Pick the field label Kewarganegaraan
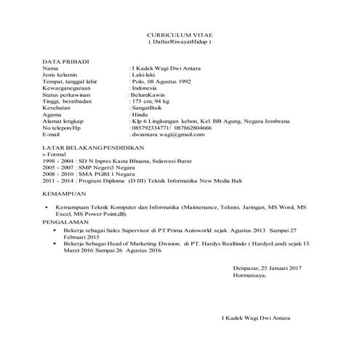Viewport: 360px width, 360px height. pyautogui.click(x=71, y=89)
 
